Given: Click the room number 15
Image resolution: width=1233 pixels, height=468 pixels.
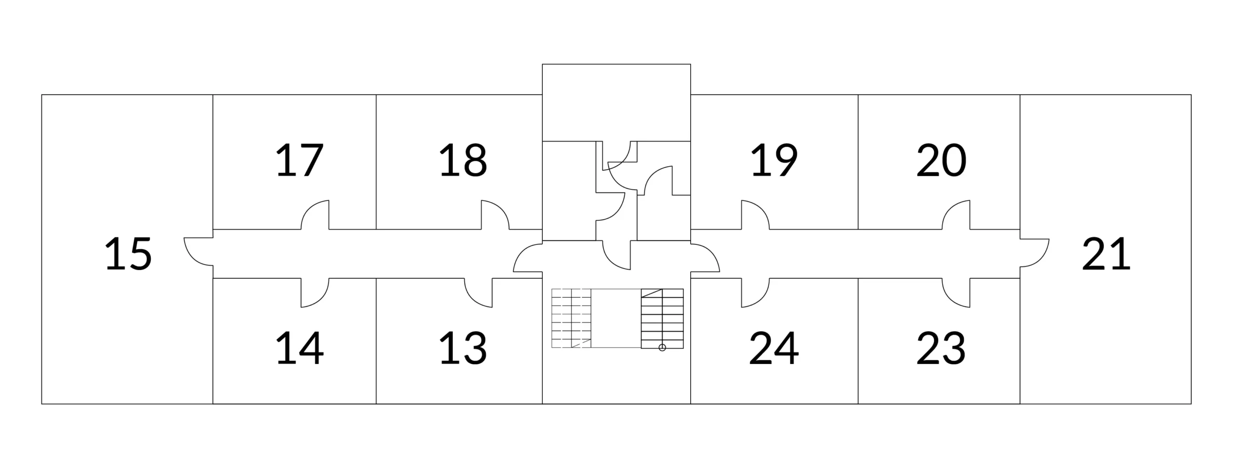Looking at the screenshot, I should click(x=128, y=254).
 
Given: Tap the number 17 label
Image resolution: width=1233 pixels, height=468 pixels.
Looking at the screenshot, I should click(x=299, y=160).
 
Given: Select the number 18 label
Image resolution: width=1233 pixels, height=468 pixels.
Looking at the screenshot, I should click(x=463, y=160).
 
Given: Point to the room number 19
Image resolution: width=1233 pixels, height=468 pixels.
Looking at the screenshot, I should click(x=774, y=160).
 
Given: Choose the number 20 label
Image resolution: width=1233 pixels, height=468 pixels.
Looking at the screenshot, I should click(x=941, y=160).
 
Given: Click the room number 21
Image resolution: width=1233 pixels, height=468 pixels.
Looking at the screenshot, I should click(x=1106, y=254).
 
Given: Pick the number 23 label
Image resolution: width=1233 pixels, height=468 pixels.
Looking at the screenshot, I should click(x=941, y=348).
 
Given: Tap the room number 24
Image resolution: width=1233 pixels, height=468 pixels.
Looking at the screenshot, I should click(x=774, y=348).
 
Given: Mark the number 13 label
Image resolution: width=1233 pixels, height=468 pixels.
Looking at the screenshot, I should click(x=463, y=348).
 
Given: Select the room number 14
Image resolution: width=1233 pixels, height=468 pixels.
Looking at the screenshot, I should click(x=299, y=348).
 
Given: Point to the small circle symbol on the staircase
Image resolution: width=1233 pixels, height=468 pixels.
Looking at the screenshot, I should click(x=662, y=348).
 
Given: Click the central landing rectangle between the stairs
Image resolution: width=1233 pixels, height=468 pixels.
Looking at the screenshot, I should click(x=616, y=318).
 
